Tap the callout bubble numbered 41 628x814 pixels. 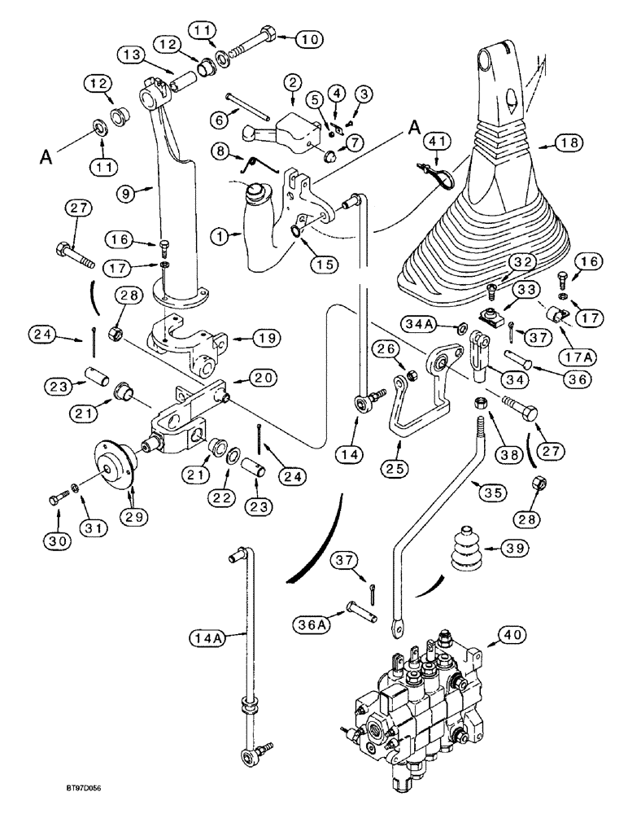click(x=436, y=144)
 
